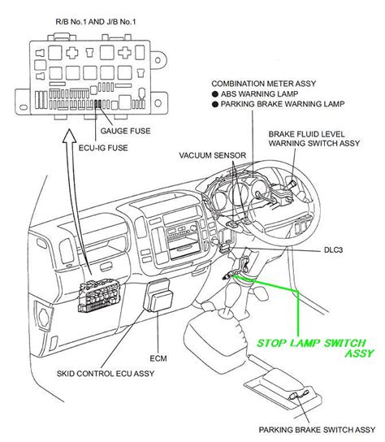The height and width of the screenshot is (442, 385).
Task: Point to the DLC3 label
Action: (x=327, y=252)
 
